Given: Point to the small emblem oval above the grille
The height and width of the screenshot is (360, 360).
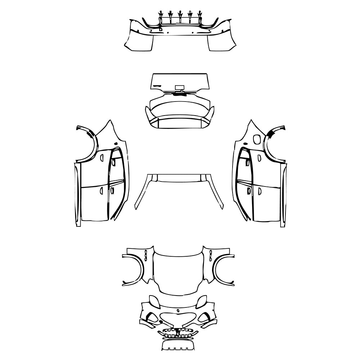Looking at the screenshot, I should [178, 310].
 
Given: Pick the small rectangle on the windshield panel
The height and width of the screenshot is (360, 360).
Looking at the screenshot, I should [179, 87].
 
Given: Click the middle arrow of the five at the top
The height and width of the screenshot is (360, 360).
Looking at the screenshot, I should [180, 15].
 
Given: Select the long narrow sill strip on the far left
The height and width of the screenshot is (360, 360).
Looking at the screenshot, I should [77, 194].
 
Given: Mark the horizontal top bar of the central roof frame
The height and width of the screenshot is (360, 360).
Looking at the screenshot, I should [179, 177].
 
